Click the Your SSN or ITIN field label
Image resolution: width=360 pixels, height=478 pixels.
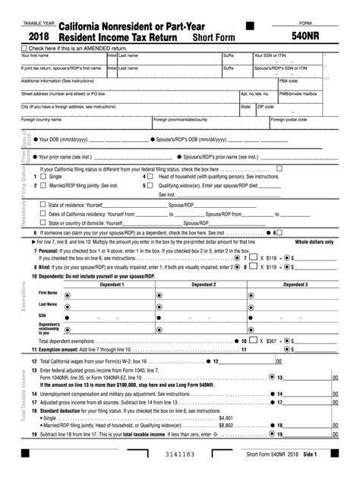[x=270, y=55]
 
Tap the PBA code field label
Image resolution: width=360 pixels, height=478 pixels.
[x=289, y=80]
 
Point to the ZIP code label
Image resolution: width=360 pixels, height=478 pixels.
[x=265, y=106]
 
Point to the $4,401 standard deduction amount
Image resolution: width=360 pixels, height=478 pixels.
[x=226, y=418]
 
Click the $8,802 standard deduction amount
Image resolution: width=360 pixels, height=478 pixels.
[x=226, y=426]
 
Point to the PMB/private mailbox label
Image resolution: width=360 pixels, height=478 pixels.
[x=299, y=93]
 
